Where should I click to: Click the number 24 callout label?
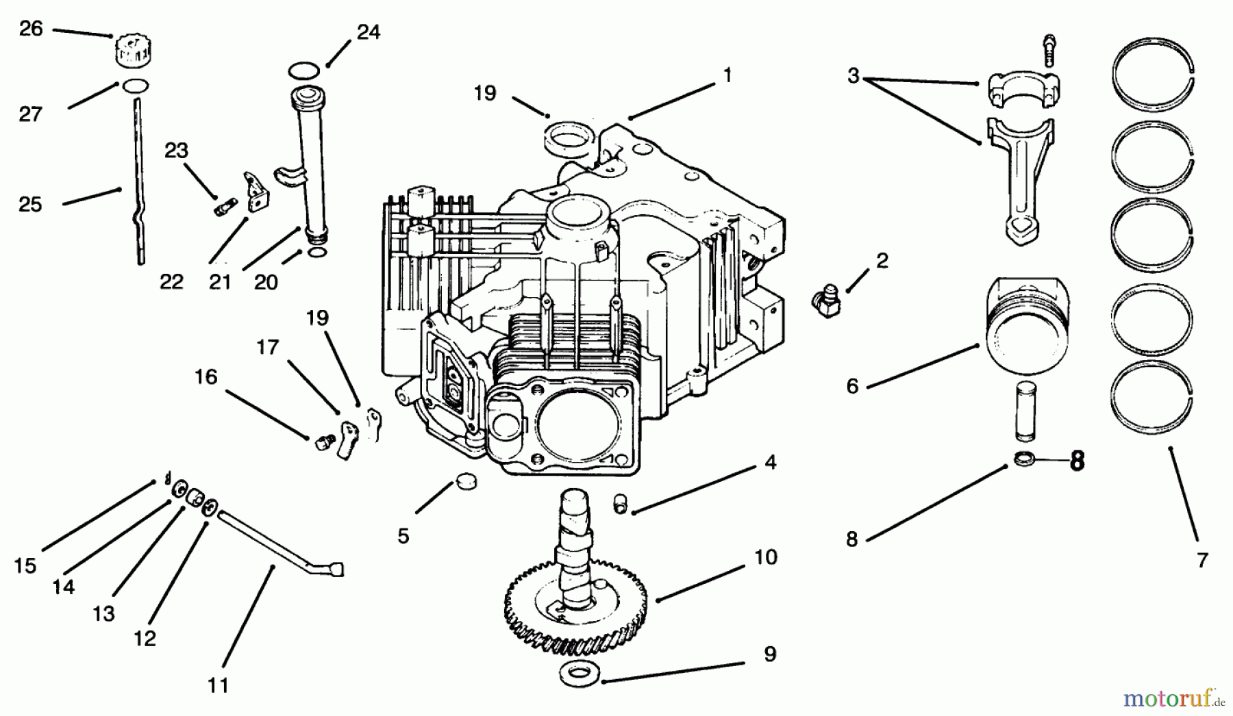pyautogui.click(x=368, y=32)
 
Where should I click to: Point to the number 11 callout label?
pyautogui.click(x=218, y=684)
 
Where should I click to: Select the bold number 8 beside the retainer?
pyautogui.click(x=1077, y=461)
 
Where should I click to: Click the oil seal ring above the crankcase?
pyautogui.click(x=568, y=136)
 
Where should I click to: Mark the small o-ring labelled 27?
pyautogui.click(x=135, y=86)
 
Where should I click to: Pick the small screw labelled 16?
pyautogui.click(x=323, y=442)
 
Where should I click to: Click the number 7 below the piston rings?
pyautogui.click(x=1202, y=560)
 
